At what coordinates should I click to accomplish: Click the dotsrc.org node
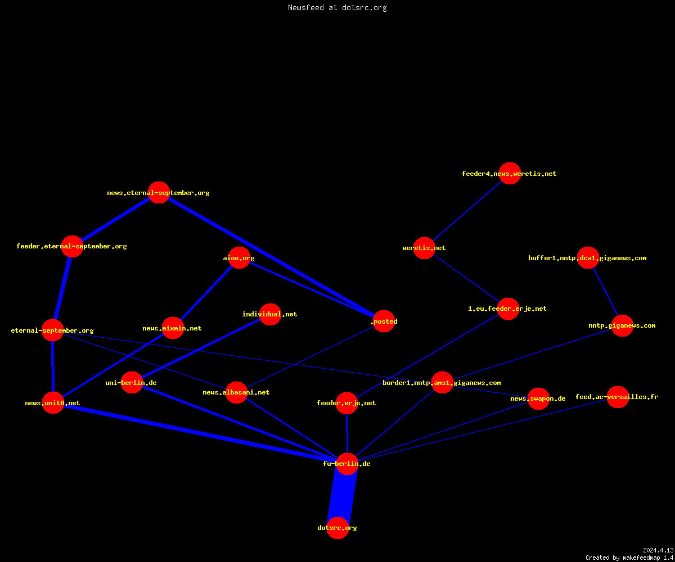coord(337,528)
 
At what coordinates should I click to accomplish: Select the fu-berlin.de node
coord(347,464)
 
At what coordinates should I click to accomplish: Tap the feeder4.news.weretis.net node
coord(510,174)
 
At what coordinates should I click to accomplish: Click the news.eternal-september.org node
coord(159,193)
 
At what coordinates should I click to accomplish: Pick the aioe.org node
coord(239,258)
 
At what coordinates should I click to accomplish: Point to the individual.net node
coord(270,314)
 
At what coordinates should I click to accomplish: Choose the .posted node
coord(384,321)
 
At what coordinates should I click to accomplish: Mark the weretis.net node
coord(424,248)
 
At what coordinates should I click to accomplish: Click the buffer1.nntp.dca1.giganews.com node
coord(588,258)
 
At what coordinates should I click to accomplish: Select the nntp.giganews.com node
coord(622,325)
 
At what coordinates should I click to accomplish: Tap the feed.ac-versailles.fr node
coord(618,397)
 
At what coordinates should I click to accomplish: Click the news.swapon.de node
coord(538,398)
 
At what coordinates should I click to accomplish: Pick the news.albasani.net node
coord(236,392)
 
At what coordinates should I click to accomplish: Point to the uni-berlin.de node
coord(132,382)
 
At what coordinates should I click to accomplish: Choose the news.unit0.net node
coord(53,403)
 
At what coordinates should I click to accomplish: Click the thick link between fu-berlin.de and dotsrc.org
coord(343,496)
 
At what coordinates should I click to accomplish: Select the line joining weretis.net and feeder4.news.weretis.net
coord(467,211)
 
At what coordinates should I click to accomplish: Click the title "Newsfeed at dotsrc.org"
coord(337,7)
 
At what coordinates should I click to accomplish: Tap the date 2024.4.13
coord(658,550)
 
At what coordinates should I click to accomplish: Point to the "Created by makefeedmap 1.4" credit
coord(629,558)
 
